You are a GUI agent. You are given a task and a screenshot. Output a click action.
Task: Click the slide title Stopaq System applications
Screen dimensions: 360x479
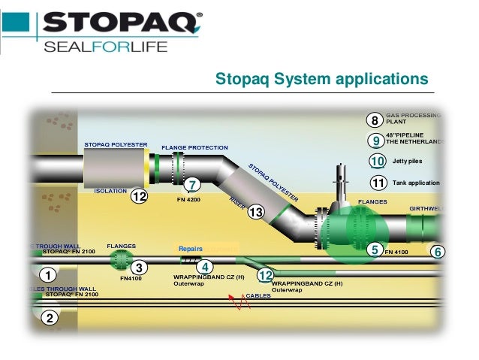(321, 79)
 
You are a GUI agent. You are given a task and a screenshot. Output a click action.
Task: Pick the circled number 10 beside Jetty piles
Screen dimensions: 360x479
(378, 161)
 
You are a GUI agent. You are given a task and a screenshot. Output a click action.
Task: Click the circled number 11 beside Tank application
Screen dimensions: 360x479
(378, 182)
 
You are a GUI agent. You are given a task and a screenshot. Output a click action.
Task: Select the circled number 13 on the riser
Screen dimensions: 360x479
(255, 213)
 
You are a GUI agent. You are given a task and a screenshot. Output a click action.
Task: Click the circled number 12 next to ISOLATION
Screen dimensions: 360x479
(138, 197)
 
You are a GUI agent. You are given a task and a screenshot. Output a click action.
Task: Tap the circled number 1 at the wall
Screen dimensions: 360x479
(47, 275)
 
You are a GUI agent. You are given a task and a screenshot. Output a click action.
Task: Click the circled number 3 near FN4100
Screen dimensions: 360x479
(138, 267)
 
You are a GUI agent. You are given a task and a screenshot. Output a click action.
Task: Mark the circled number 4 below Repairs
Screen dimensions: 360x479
(205, 266)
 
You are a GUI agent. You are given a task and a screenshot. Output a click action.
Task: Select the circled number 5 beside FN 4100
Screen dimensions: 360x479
(374, 251)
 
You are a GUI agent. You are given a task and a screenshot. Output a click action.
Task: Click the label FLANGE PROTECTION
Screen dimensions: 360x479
(194, 147)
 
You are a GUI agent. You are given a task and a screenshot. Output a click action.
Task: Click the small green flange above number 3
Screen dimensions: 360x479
(119, 259)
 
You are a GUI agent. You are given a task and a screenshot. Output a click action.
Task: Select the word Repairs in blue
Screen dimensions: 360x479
(191, 248)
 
